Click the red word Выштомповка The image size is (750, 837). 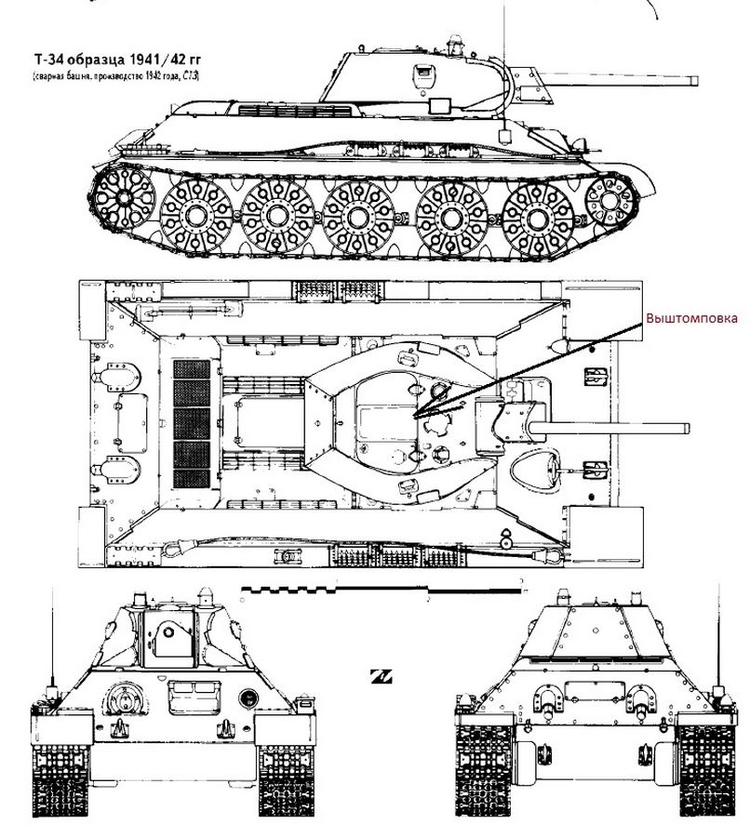pyautogui.click(x=692, y=318)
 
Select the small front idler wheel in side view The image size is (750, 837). pyautogui.click(x=609, y=197)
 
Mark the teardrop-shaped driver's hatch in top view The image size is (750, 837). pyautogui.click(x=537, y=469)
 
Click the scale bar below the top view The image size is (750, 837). pyautogui.click(x=382, y=589)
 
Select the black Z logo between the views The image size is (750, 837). pyautogui.click(x=380, y=675)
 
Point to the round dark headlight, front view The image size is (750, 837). pyautogui.click(x=248, y=697)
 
